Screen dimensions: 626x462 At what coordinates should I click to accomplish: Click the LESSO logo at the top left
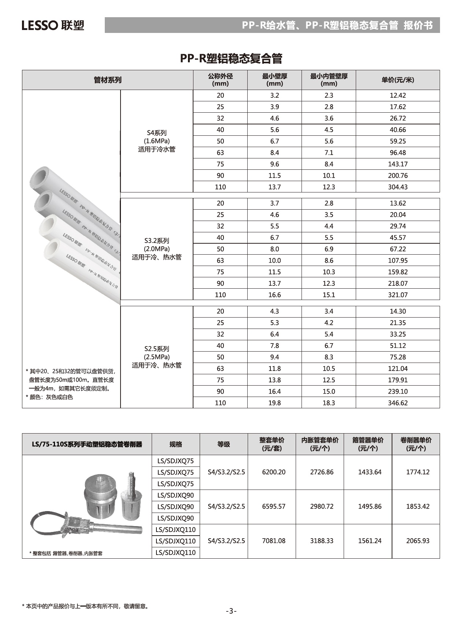coord(53,25)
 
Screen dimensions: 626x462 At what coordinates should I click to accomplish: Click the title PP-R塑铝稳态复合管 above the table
coord(231,59)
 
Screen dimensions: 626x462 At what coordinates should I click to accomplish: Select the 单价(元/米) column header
coord(398,80)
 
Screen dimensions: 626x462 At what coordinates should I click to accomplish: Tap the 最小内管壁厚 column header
coord(329,80)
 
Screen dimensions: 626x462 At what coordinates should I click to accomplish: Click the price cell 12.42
coord(398,95)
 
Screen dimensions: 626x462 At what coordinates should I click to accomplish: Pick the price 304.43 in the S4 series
coord(398,187)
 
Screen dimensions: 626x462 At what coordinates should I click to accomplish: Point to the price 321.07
coord(398,295)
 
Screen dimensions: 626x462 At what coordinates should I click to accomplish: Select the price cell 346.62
coord(398,403)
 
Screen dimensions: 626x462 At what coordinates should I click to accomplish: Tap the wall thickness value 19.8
coord(274,403)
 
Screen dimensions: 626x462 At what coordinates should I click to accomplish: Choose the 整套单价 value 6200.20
coord(273,472)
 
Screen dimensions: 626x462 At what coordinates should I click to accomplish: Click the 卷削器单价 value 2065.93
coord(417,541)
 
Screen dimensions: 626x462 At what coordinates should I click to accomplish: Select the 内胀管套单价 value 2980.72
coord(322,506)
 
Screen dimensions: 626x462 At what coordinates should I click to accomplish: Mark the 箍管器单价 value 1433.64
coord(369,472)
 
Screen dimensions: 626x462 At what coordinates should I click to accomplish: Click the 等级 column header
coord(223,444)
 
